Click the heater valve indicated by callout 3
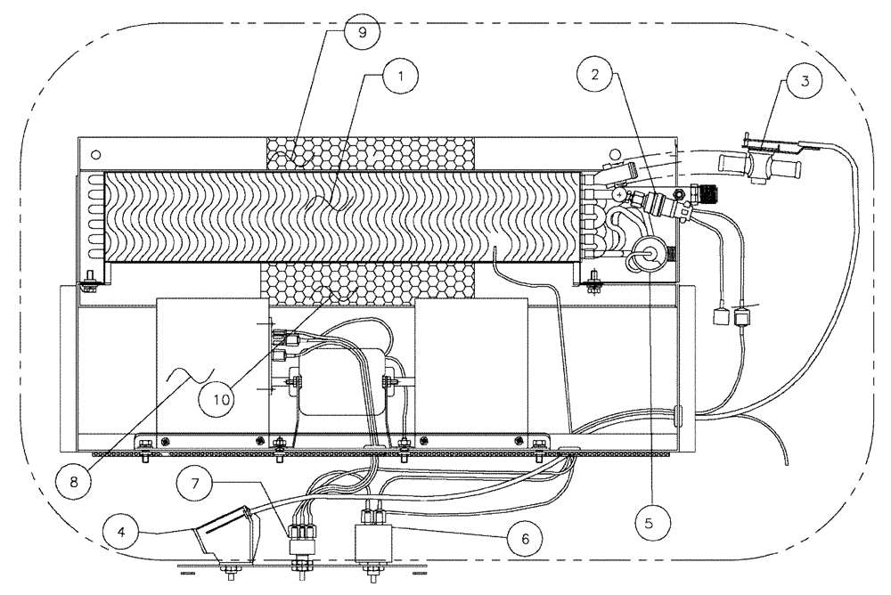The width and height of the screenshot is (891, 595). (759, 163)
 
